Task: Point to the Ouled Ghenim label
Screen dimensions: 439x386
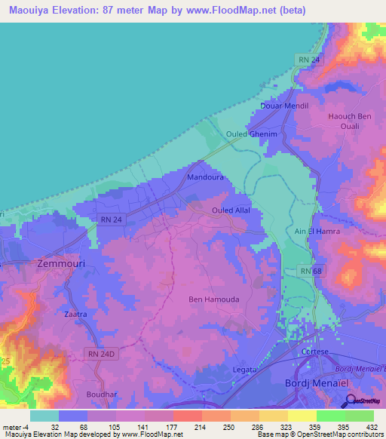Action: tap(247, 134)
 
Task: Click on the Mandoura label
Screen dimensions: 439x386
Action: tap(204, 178)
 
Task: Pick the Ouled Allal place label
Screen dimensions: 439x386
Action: tap(231, 210)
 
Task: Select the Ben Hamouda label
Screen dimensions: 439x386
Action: tap(213, 299)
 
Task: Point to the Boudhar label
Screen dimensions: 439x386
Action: tap(101, 393)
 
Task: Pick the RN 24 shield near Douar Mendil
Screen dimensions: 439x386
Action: tap(303, 59)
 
